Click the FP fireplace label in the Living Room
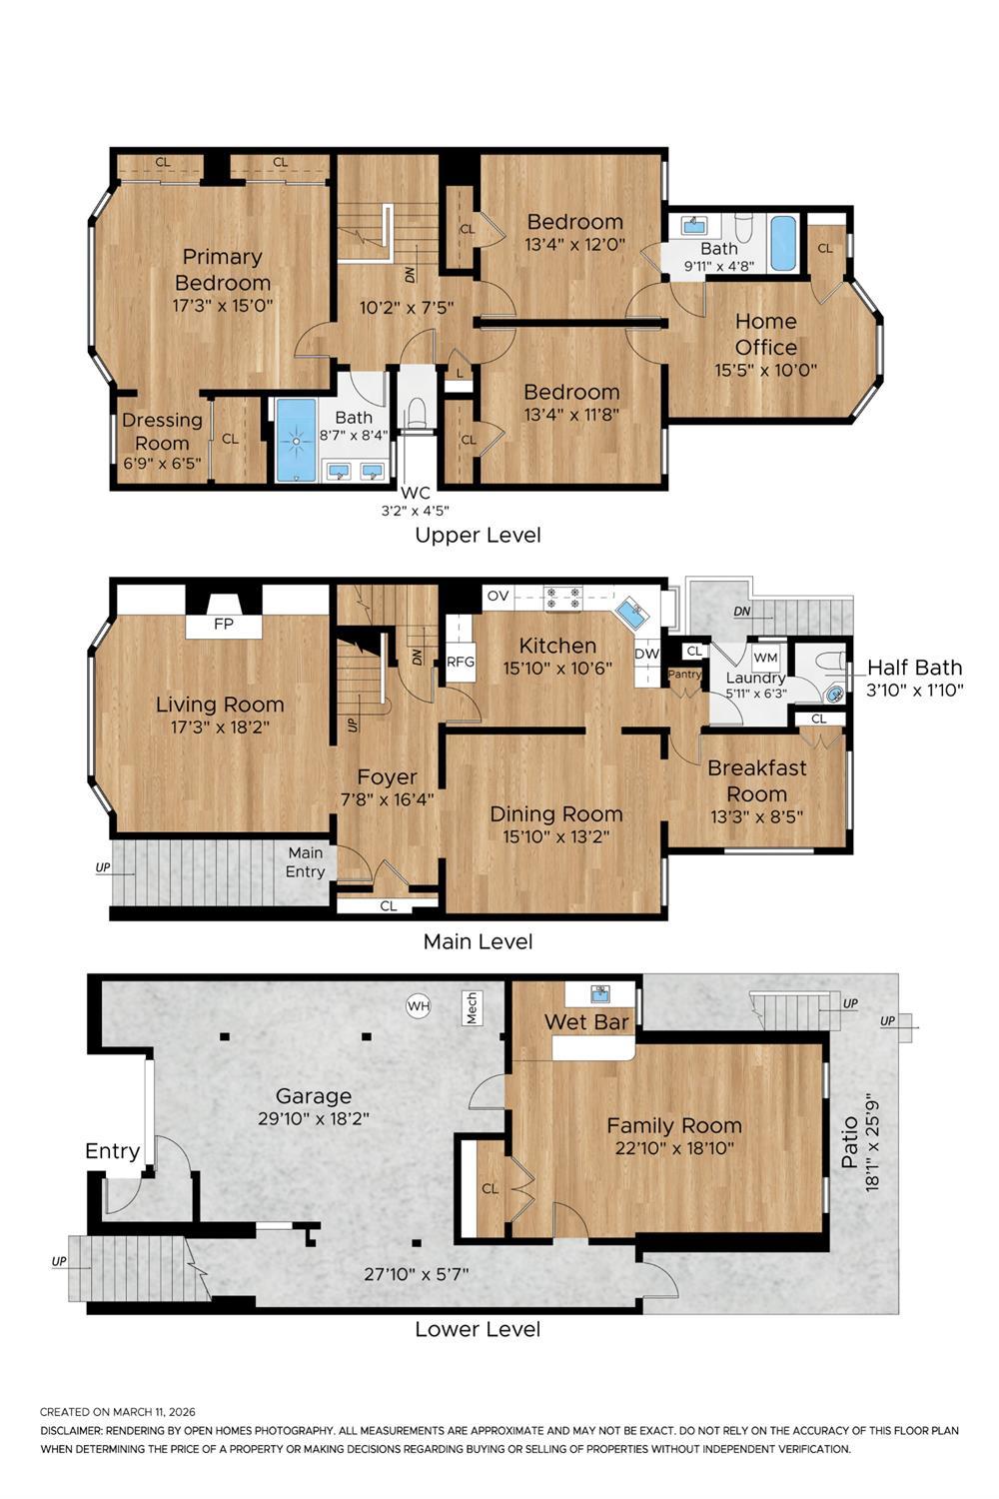coord(224,624)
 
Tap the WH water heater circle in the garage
coord(418,1005)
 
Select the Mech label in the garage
coord(472,1007)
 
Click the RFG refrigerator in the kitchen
coord(461,662)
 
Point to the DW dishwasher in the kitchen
coord(646,655)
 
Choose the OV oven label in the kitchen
coord(498,597)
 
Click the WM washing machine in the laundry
coord(766,657)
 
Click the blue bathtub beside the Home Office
coord(784,243)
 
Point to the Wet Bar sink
coord(600,993)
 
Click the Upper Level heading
coord(478,535)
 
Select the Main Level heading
coord(478,941)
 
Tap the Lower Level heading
coord(478,1329)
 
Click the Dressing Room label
coord(162,432)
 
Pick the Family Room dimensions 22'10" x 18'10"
coord(674,1148)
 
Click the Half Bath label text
coord(914,668)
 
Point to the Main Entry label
coord(306,861)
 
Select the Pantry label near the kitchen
coord(685,674)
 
